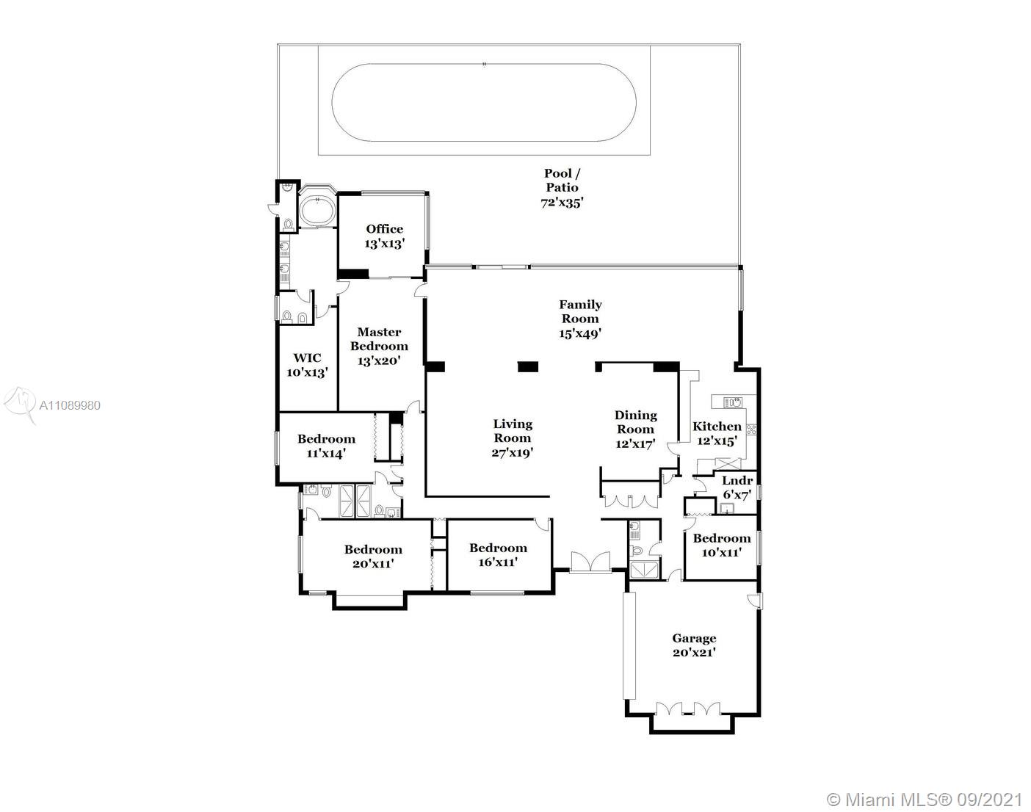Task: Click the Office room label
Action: click(385, 236)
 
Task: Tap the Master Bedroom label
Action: click(379, 346)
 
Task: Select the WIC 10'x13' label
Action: click(307, 365)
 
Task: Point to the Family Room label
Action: click(580, 319)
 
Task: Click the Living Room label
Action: click(513, 438)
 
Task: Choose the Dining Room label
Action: click(635, 429)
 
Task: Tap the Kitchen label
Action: click(717, 432)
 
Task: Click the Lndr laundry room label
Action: click(737, 487)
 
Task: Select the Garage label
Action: click(694, 645)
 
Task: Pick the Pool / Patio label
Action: click(562, 188)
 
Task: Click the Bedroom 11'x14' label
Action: click(326, 446)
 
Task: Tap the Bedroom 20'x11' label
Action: click(373, 556)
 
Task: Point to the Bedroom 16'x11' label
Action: click(498, 554)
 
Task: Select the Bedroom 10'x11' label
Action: click(722, 545)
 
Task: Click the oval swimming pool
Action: click(484, 103)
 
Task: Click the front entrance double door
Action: click(590, 562)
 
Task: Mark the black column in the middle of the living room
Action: click(527, 366)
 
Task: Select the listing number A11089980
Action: click(70, 405)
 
